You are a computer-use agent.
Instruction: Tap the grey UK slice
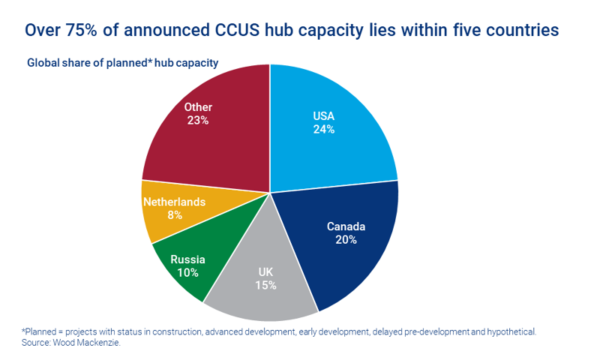[262, 296]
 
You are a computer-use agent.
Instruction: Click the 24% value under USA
[324, 129]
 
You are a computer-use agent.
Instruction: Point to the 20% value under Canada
[346, 240]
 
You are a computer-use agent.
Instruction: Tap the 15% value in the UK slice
[265, 285]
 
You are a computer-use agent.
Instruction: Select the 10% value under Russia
[187, 273]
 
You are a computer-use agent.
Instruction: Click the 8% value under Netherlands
[174, 215]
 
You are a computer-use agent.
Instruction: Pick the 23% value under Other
[198, 120]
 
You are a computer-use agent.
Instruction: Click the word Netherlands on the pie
[174, 202]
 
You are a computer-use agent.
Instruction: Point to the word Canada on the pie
[346, 226]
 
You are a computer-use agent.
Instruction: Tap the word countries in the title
[517, 31]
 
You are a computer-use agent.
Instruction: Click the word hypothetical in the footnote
[510, 331]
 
